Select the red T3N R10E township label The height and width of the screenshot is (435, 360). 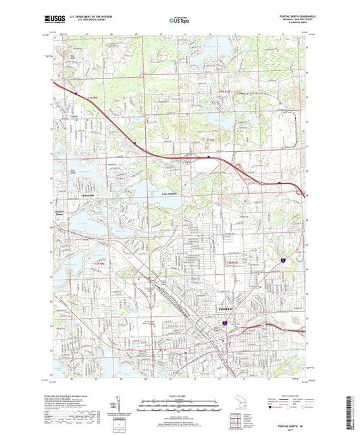[232, 261]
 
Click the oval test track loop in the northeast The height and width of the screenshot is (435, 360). [283, 127]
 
